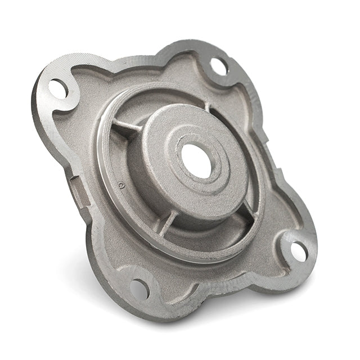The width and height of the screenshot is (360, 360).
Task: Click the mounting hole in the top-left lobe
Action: coord(58,88)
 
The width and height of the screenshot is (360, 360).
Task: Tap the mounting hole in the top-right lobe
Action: coord(219,66)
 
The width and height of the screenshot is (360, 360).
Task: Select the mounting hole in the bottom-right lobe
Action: coord(298,251)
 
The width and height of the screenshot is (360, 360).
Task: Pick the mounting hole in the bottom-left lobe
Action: coord(139,289)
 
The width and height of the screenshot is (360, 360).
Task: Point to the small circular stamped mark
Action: coord(120,183)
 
